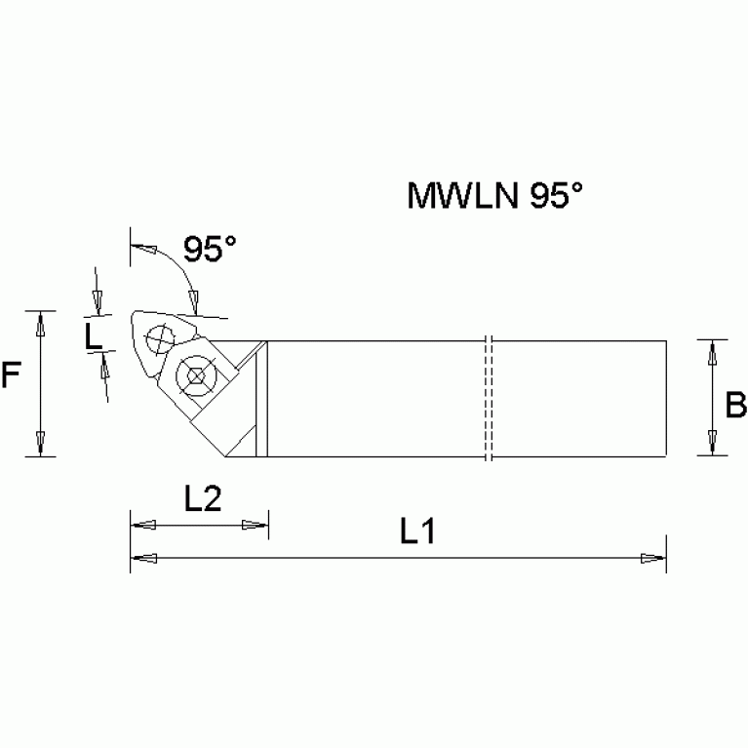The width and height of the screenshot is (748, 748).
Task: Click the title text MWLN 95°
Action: [494, 196]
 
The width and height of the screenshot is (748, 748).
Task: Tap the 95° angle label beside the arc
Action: [210, 250]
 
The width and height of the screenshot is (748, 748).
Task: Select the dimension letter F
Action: [11, 376]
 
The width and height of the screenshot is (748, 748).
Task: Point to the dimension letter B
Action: [737, 402]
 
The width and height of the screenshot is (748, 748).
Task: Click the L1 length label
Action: [416, 531]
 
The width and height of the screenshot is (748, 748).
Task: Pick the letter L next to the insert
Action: [92, 337]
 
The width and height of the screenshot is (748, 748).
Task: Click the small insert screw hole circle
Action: [156, 340]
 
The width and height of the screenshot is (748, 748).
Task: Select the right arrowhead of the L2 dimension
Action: [256, 525]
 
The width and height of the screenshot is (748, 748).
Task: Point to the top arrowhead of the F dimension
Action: [39, 323]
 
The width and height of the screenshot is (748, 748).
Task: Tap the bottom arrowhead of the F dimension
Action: [39, 444]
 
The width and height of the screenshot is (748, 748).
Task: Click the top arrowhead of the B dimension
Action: [713, 351]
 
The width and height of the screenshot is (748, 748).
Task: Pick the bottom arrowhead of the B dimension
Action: [713, 444]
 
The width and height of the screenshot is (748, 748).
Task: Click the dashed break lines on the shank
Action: [489, 398]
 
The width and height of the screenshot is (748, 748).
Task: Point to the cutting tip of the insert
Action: [134, 314]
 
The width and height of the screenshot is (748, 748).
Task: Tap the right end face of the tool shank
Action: [666, 398]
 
